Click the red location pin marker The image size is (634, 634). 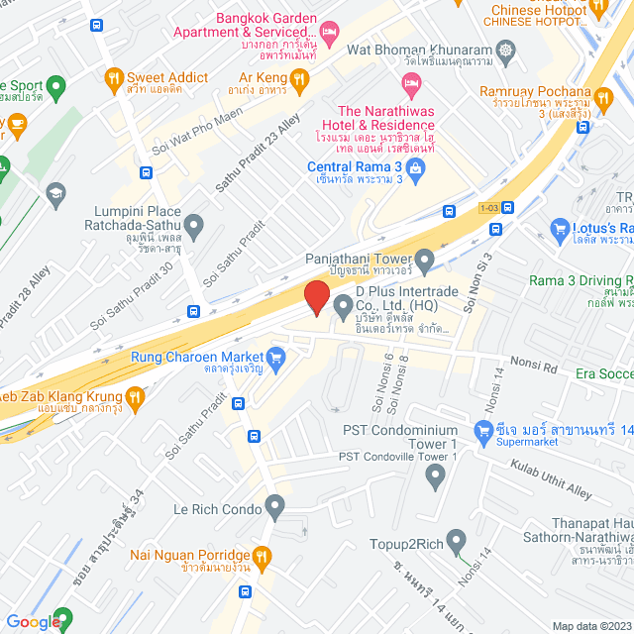click(316, 297)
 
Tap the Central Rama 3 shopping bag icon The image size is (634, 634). click(415, 172)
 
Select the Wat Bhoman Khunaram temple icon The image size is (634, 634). click(506, 50)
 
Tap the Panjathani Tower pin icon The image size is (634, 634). click(425, 264)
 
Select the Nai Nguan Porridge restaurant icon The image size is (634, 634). click(262, 558)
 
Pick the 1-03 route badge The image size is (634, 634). click(487, 208)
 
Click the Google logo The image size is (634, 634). click(33, 621)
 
